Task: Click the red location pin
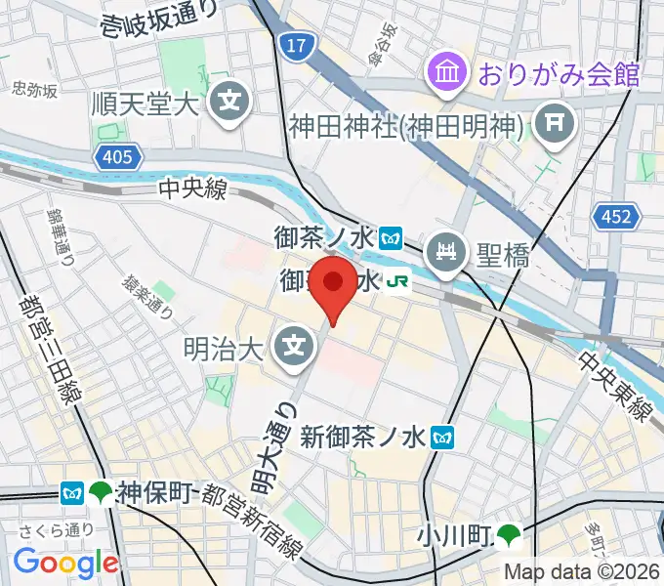pos(335,284)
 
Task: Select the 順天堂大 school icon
pos(230,101)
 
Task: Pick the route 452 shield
pos(617,216)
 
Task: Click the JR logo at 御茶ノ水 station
pos(397,282)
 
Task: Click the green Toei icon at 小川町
pos(508,533)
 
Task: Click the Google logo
pos(65,563)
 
